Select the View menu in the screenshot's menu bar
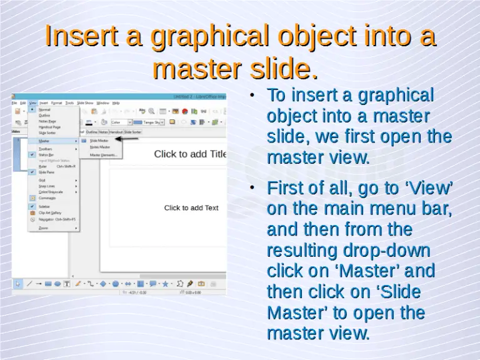tap(32, 102)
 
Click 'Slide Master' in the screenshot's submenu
tap(99, 141)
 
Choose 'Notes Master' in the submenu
tap(99, 147)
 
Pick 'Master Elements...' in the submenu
tap(103, 154)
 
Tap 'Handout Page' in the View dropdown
tap(49, 127)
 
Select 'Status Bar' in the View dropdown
tap(47, 154)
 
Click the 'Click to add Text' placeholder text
tap(191, 207)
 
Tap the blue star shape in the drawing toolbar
tap(166, 284)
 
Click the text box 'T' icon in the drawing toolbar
tap(67, 284)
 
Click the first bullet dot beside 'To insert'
tap(251, 96)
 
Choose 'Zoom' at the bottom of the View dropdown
tap(43, 228)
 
